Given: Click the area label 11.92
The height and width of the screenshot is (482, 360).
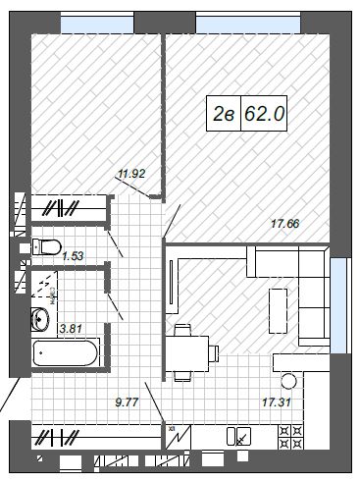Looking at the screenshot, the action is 131,174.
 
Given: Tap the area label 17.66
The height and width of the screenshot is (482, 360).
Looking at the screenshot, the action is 285,224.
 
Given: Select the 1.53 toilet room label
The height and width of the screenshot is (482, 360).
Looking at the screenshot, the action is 73,255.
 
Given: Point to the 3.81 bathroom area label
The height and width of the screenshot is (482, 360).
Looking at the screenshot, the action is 71,328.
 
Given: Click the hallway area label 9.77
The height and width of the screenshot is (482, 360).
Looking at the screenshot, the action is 128,402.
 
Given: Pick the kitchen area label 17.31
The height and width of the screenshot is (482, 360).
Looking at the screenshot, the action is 277,402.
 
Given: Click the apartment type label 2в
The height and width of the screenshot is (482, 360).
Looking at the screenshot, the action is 224,114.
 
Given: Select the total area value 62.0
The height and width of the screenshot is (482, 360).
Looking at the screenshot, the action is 265,114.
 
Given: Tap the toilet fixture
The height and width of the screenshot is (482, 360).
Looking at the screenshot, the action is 47,246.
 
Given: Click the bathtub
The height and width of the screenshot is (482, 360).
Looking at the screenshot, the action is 66,353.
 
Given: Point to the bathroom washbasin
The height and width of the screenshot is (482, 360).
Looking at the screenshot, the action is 40,319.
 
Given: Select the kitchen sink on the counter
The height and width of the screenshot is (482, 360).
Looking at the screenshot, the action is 239,436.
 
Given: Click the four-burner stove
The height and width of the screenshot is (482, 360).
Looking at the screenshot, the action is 290,436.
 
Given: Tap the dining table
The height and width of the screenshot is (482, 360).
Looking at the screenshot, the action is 187,354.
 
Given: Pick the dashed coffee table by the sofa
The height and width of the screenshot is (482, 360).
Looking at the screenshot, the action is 278,310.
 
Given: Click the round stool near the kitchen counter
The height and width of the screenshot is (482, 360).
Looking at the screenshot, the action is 288,381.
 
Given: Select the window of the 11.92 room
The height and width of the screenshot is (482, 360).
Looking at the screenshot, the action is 97,25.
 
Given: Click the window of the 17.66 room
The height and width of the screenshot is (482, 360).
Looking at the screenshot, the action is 248,25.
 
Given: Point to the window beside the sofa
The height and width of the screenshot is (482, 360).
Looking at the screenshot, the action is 338,305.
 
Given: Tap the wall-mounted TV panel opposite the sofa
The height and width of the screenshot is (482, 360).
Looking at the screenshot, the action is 172,282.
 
